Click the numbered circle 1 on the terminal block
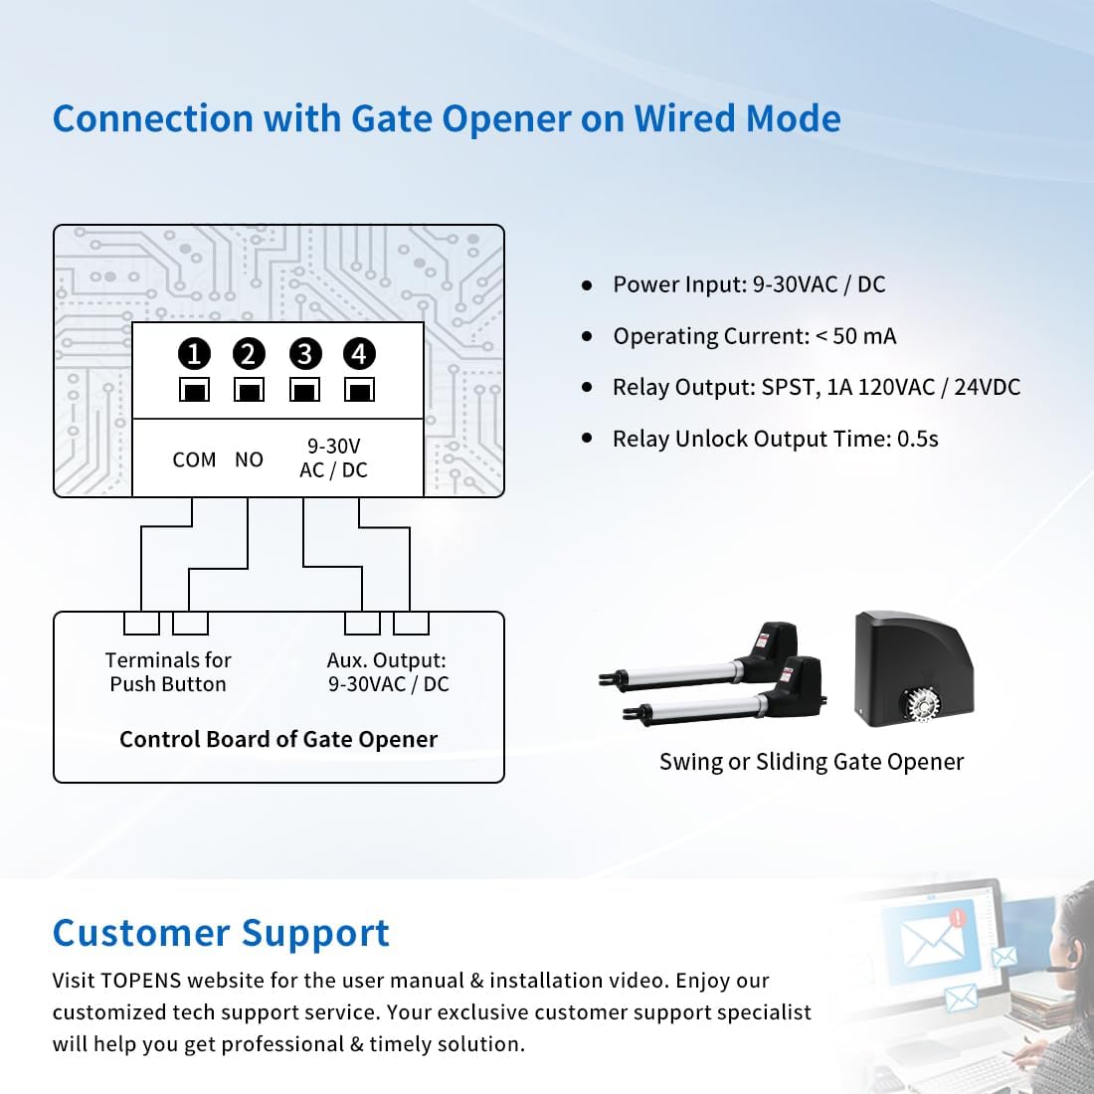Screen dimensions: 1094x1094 click(194, 353)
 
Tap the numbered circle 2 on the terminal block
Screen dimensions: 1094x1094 click(249, 353)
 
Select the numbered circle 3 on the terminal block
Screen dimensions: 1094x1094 click(304, 353)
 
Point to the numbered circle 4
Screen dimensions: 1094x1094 click(359, 353)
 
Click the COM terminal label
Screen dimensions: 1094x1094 click(194, 459)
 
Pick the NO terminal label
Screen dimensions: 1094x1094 click(249, 459)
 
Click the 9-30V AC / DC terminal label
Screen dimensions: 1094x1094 click(333, 458)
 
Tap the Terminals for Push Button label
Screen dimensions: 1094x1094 click(168, 672)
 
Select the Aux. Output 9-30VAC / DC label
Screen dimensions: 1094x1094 click(388, 672)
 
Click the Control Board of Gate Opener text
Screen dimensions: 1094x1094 click(278, 739)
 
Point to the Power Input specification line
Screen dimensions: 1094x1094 click(748, 284)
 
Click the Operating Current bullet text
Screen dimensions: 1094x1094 click(754, 336)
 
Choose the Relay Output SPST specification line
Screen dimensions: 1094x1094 click(816, 387)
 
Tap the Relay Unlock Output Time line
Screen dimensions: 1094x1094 click(775, 439)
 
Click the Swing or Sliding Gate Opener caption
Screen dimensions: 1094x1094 click(812, 762)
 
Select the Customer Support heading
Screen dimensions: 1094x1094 click(221, 933)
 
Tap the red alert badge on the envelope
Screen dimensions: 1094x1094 click(957, 918)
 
